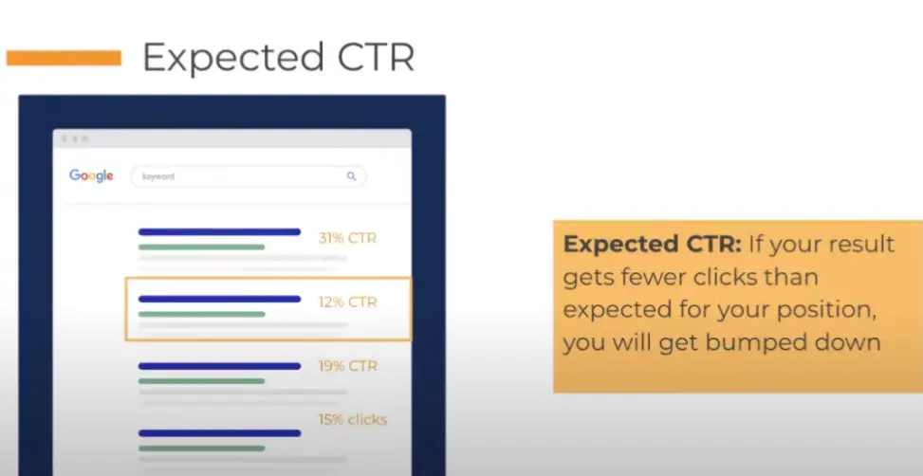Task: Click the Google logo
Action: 91,176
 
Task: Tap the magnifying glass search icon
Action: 351,176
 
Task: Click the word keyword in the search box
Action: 158,176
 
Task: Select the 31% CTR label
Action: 347,238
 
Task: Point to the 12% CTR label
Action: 347,302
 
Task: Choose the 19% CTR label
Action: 347,366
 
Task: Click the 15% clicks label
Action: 353,419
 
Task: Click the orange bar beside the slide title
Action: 64,58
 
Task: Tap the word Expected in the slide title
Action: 233,58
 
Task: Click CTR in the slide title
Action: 377,57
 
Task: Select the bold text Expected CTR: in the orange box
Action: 653,245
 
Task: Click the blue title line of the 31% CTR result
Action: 219,231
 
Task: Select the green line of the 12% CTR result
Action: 202,314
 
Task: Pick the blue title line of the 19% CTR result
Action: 219,366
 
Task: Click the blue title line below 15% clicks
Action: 219,433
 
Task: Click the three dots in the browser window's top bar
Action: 75,138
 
